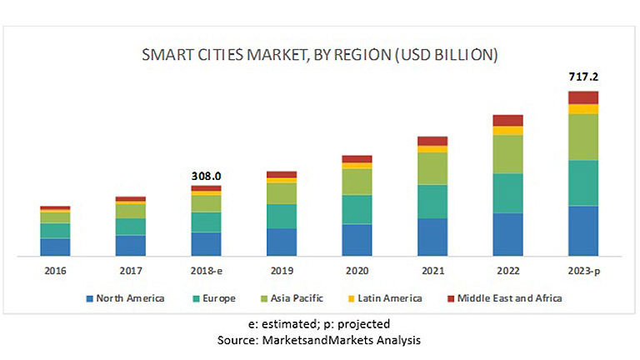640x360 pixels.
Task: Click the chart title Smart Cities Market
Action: (320, 55)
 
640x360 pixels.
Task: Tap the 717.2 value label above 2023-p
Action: (583, 77)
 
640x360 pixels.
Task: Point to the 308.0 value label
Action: (206, 176)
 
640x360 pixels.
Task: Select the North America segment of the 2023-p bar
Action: (583, 230)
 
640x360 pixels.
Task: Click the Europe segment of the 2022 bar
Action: (507, 192)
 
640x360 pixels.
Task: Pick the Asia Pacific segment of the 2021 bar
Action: (432, 167)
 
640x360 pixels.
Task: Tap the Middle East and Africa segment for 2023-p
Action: (583, 97)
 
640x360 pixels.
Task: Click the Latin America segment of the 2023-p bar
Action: (583, 109)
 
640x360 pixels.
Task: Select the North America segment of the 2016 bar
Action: (55, 246)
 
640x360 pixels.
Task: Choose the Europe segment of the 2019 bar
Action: (282, 216)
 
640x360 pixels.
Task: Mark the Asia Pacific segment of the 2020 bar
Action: (357, 181)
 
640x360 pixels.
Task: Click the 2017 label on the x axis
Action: (130, 271)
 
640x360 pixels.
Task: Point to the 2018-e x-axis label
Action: (206, 271)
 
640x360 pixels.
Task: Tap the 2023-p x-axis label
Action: (583, 271)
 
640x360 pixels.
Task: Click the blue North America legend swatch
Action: (88, 298)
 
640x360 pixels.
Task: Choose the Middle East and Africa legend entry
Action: (502, 298)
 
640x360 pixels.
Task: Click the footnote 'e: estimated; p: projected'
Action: (319, 324)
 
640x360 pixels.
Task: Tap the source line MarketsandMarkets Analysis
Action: (319, 340)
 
